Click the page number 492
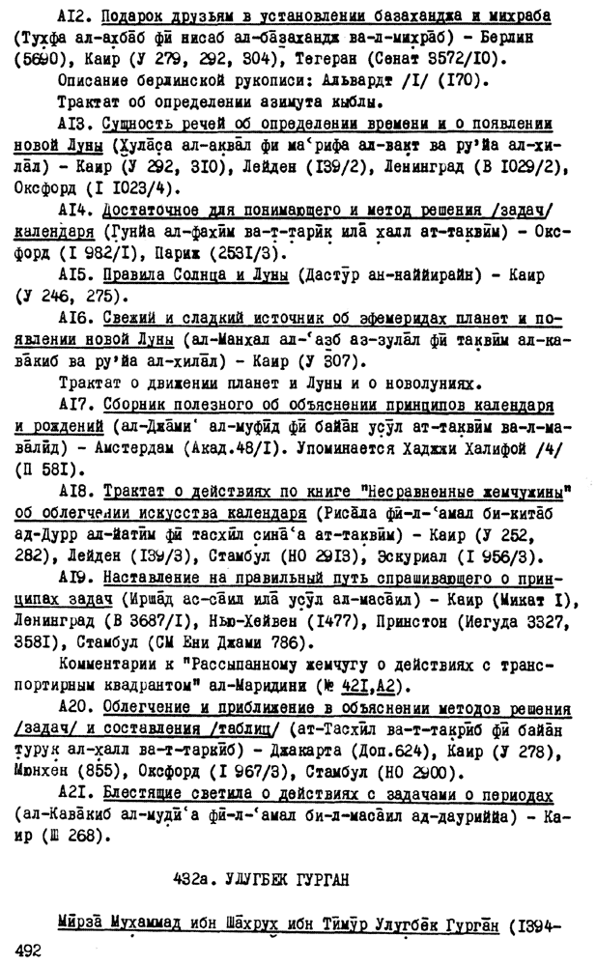pyautogui.click(x=32, y=952)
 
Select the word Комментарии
pyautogui.click(x=112, y=664)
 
